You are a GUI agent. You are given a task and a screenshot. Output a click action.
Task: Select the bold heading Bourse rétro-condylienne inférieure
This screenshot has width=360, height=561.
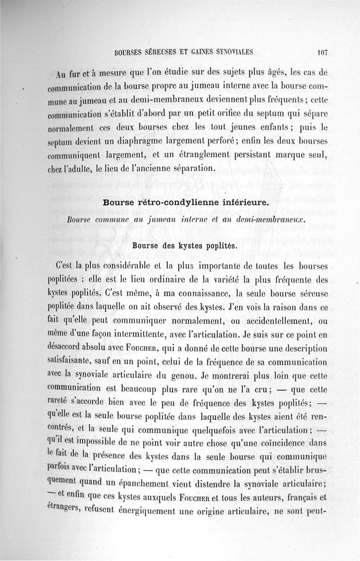[186, 202]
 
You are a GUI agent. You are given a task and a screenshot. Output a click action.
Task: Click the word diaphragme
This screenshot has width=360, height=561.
[132, 142]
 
